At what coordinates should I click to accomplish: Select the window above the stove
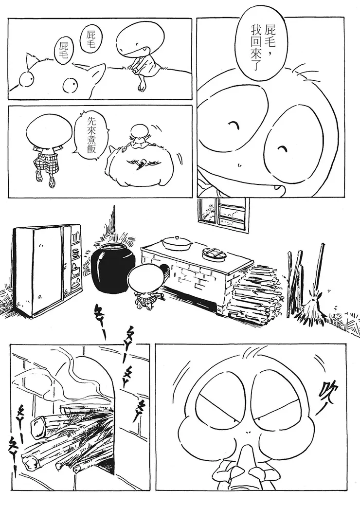click(223, 214)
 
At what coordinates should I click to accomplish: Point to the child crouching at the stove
click(145, 286)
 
